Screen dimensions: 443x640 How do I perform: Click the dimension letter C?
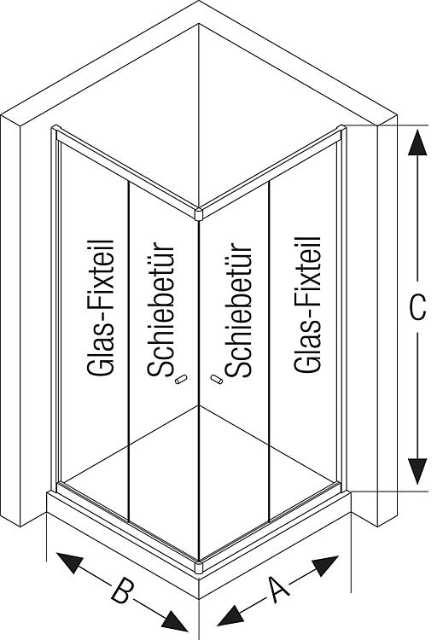(417, 307)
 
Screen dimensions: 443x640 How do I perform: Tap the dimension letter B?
(122, 591)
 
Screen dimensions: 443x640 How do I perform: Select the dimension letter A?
(279, 589)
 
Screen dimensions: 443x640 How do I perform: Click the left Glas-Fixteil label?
(100, 307)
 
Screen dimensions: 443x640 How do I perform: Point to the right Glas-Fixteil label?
(308, 304)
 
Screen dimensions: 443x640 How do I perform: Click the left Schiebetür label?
(160, 310)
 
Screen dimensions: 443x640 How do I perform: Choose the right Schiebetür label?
(238, 310)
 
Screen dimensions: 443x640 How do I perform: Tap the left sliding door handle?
(181, 380)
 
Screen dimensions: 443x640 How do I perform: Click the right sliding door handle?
(217, 380)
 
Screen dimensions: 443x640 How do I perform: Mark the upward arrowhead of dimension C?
(417, 142)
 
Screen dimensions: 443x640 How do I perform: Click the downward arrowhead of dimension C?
(417, 471)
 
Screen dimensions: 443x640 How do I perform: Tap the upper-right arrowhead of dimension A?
(325, 565)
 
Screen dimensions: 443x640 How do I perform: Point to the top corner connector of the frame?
(199, 214)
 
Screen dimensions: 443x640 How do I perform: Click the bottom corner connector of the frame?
(199, 567)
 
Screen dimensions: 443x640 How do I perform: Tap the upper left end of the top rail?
(55, 129)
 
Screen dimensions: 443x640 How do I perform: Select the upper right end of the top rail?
(342, 129)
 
